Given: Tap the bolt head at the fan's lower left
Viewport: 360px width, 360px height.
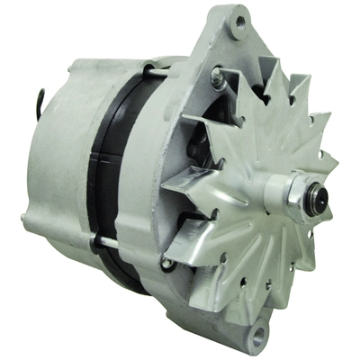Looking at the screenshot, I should (166, 264).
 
